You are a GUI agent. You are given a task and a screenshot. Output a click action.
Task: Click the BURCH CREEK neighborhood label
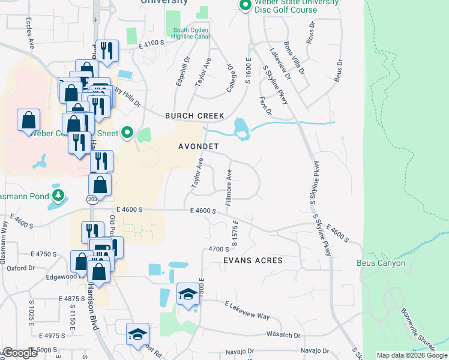point(195,116)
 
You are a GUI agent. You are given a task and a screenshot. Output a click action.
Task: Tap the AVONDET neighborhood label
point(198,146)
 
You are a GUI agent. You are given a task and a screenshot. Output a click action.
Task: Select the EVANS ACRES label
point(253,260)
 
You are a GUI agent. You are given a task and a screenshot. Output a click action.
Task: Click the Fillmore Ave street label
point(229,187)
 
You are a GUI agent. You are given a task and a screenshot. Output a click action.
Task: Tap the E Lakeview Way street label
point(247,310)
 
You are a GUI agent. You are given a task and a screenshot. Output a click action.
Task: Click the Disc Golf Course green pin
point(244,6)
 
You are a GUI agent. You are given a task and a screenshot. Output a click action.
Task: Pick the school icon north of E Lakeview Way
point(188,295)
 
